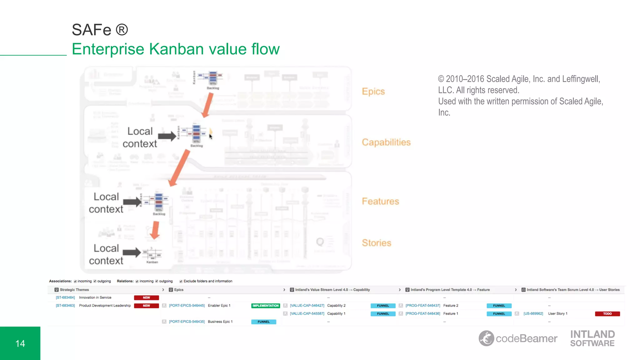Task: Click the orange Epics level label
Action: [373, 92]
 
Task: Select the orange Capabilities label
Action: [386, 142]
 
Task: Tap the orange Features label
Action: [380, 202]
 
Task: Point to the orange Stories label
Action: [376, 243]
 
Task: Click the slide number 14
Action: [20, 343]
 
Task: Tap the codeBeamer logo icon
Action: [486, 338]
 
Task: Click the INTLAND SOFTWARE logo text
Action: [592, 338]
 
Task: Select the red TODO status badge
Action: [607, 314]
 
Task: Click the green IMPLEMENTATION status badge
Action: [265, 306]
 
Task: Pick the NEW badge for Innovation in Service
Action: [146, 298]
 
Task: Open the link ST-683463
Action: [65, 306]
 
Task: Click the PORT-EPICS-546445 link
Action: [187, 306]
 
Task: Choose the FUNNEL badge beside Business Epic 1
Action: [263, 322]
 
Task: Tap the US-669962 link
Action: [533, 314]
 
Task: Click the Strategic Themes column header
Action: [74, 290]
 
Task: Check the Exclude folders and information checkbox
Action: [181, 281]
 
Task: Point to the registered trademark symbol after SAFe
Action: [122, 30]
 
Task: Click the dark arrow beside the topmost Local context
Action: [167, 136]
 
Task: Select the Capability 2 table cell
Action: [336, 306]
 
